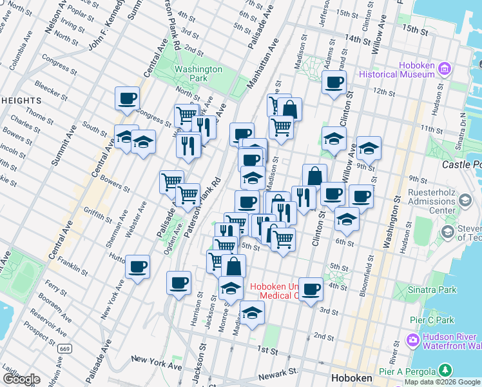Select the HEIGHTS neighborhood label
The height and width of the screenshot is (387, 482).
(x=21, y=101)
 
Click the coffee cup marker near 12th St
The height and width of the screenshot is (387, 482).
(x=334, y=83)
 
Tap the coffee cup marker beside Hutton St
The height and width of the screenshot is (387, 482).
(x=137, y=266)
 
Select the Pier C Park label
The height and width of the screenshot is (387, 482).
(x=432, y=320)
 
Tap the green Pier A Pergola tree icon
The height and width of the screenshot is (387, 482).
(x=444, y=370)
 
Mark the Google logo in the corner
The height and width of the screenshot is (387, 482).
(x=21, y=379)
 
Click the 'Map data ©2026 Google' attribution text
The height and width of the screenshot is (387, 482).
(x=441, y=382)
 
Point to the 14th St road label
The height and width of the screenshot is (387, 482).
(x=358, y=40)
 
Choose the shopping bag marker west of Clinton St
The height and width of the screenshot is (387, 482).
(x=314, y=175)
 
